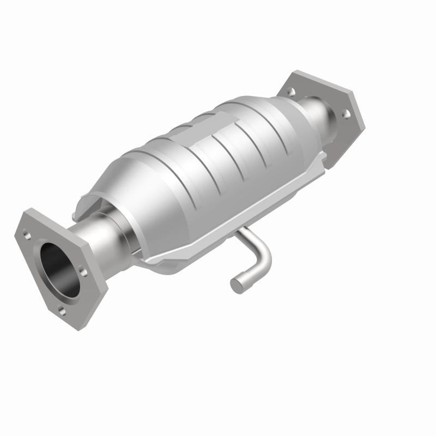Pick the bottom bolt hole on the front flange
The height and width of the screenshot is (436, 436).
pos(61,312)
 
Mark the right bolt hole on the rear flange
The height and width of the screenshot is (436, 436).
pos(345,114)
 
